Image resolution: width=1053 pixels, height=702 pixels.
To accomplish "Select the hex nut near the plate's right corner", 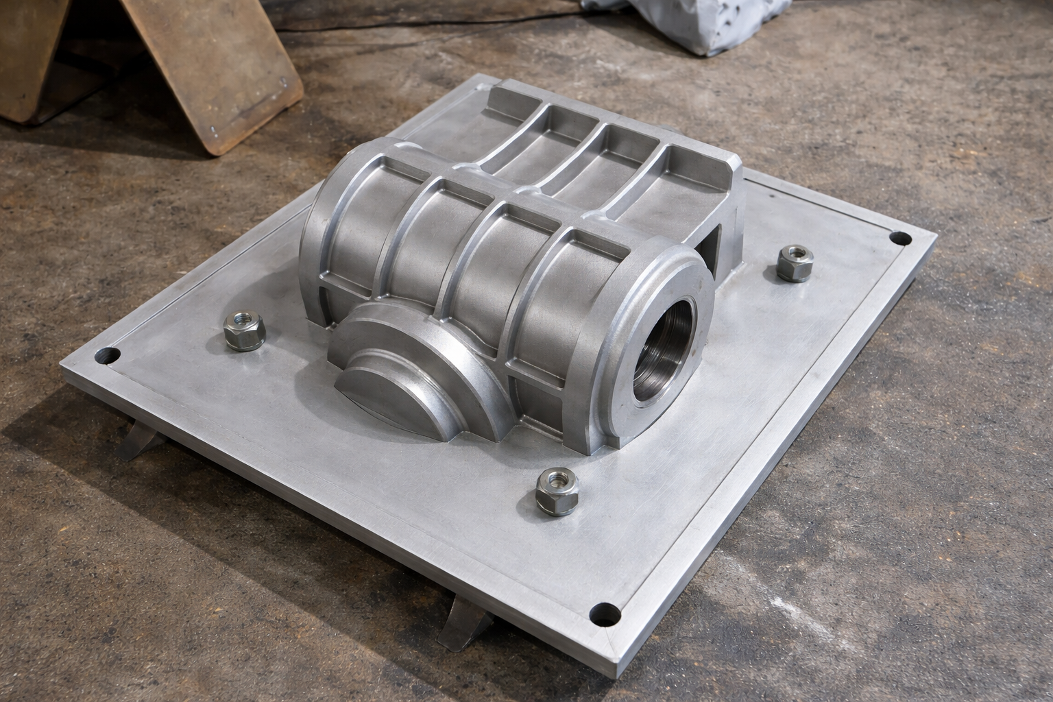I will coord(795,263).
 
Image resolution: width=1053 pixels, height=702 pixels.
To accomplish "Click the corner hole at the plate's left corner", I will coord(108,356).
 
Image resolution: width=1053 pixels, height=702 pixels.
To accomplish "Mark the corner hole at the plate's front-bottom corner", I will coord(609,614).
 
